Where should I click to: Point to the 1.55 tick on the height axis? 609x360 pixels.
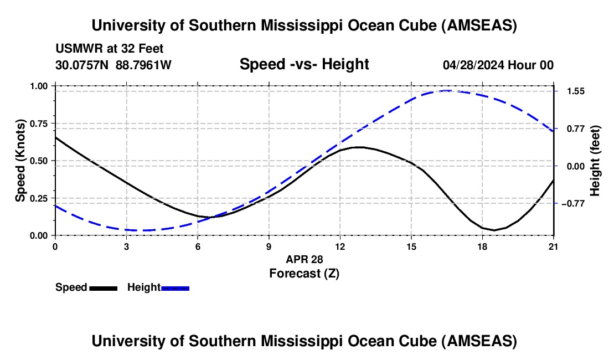pos(571,91)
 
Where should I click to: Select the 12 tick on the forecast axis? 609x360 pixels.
pos(340,246)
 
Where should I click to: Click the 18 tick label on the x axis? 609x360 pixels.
pos(482,246)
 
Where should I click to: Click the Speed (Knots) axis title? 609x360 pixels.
pos(20,161)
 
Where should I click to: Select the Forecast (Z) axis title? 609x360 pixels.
pos(304,273)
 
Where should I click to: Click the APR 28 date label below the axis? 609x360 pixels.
pos(304,259)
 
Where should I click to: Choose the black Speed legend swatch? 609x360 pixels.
pos(103,288)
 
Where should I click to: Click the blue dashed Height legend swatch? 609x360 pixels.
pos(176,288)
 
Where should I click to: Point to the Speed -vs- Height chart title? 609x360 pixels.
pos(304,65)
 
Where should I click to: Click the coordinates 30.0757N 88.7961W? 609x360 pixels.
pos(113,65)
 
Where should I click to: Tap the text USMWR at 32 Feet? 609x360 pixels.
pos(109,49)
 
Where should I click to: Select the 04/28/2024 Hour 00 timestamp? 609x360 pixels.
pos(498,65)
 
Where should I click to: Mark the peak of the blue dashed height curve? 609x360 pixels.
pos(446,90)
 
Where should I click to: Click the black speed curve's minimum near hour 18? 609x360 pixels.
pos(494,230)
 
